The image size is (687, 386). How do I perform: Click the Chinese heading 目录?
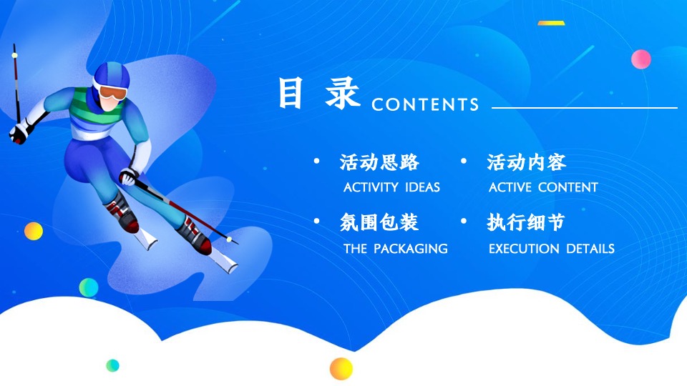coord(319,95)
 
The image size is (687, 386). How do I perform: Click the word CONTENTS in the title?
coord(425,105)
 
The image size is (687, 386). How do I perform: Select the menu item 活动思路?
coord(379,163)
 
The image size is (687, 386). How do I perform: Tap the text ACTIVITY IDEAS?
coord(391,187)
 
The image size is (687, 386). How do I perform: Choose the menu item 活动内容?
coord(527,163)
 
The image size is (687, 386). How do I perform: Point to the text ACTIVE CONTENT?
coord(543,187)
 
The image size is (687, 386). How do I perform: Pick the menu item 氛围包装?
coord(379,224)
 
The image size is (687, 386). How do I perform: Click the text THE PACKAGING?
coord(395,249)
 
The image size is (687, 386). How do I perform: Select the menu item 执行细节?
coord(526,224)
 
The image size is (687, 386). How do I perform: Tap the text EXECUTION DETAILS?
coord(551,249)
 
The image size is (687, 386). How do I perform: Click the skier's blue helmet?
coord(109,74)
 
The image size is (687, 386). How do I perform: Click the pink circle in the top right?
coord(640,59)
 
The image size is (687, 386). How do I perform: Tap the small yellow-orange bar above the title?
coord(551,23)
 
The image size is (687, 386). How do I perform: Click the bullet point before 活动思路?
coord(317,162)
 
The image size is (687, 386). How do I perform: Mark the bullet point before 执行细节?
coord(464,223)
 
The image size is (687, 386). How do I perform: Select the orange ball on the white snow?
coord(341,368)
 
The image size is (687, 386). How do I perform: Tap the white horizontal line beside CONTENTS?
coord(584,108)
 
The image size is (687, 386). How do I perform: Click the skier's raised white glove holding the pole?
coord(19,132)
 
